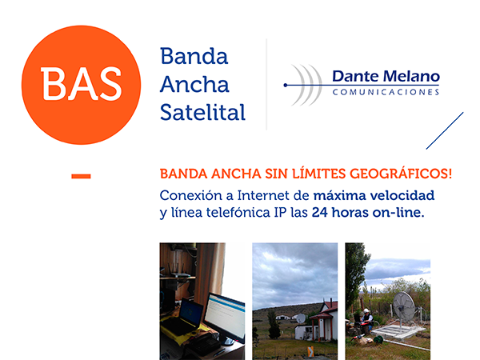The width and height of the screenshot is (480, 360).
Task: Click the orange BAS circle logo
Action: (x=81, y=85)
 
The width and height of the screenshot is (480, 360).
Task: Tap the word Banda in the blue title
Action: (x=194, y=56)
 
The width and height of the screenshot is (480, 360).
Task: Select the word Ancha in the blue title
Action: (x=194, y=84)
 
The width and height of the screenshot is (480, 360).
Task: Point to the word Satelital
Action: (x=202, y=112)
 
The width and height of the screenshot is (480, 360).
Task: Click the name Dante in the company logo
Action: (x=356, y=76)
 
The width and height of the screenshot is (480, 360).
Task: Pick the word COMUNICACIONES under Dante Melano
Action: (x=386, y=92)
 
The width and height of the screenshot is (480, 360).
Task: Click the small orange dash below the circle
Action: (x=81, y=176)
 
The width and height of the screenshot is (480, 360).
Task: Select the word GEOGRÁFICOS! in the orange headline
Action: (x=401, y=174)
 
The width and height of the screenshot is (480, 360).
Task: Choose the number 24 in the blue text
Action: (x=320, y=213)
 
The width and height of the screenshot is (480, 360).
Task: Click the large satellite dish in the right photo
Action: (x=403, y=306)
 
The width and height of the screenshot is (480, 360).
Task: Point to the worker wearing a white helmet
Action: (x=366, y=321)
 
